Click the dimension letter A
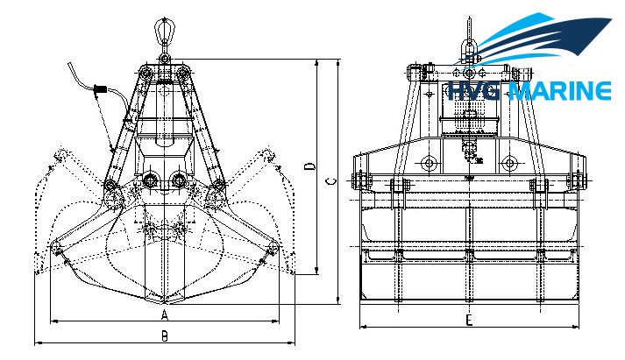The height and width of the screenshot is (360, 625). tap(165, 315)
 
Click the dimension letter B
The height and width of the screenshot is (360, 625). tap(164, 336)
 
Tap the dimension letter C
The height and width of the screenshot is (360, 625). tap(330, 181)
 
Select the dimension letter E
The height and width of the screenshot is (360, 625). tap(469, 320)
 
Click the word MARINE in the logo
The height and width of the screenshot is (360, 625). tap(560, 91)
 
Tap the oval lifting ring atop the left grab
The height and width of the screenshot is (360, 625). tap(164, 29)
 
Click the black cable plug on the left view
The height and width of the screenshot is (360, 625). tap(100, 89)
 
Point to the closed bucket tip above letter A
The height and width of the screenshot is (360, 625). tap(165, 302)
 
